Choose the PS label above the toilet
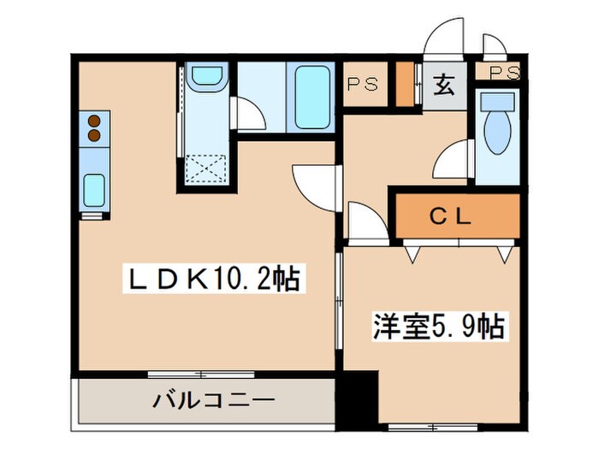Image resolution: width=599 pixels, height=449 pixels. point(505,74)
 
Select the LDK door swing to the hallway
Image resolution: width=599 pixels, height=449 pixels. point(311,184)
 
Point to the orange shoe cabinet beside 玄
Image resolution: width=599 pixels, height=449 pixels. point(406,84)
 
